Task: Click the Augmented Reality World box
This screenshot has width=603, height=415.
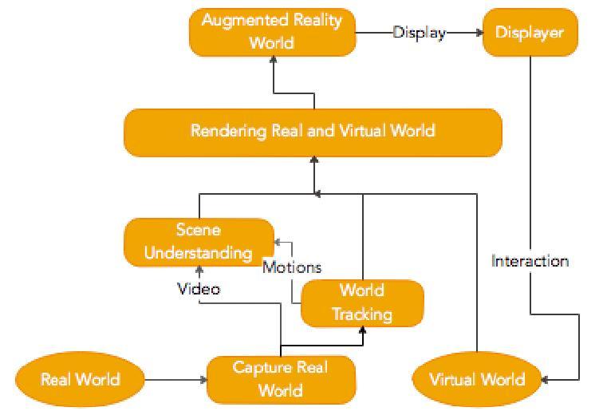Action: (x=271, y=32)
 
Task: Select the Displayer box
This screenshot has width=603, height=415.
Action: (x=530, y=33)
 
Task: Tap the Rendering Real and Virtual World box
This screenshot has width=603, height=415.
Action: (x=313, y=131)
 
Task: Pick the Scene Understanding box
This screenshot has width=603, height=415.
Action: (x=199, y=242)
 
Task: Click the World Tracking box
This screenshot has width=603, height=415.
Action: (x=361, y=302)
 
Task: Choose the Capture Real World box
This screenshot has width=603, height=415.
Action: (x=280, y=378)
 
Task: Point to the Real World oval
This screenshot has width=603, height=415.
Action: (x=81, y=379)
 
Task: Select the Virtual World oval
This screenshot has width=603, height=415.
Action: (x=477, y=379)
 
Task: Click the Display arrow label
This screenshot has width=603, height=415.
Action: (x=419, y=33)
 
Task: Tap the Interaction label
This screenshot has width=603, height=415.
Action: (x=530, y=261)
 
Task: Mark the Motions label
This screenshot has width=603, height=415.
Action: (x=292, y=267)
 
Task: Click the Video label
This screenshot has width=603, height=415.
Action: (x=198, y=289)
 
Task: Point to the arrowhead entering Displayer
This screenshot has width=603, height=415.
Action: (x=479, y=33)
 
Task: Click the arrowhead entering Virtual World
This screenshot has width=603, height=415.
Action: (x=542, y=379)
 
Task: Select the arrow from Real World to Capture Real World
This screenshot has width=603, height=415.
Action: (x=175, y=379)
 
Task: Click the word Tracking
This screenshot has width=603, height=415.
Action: (x=361, y=313)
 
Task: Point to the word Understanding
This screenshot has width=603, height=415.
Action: (x=199, y=253)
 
